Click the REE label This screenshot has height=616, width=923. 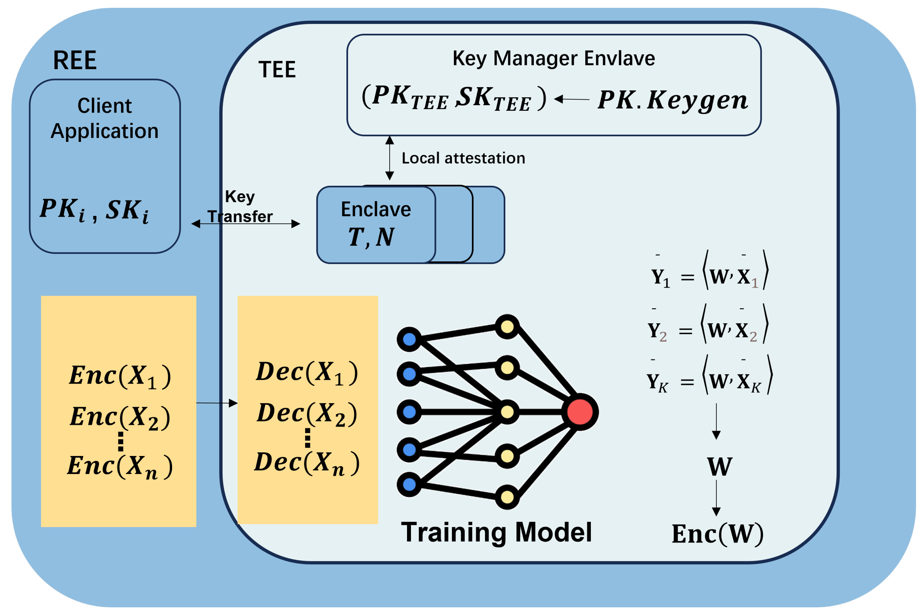tap(75, 61)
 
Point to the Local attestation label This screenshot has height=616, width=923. tap(463, 158)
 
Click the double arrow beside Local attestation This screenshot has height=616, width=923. tap(389, 158)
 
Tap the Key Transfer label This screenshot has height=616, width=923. tap(240, 207)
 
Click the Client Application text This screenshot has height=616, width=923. tap(104, 118)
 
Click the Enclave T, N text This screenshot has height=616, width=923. tap(375, 224)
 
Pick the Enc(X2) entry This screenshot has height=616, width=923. tap(120, 417)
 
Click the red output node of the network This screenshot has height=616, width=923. tap(580, 412)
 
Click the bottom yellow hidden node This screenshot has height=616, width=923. tap(507, 497)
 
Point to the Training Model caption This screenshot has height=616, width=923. tap(496, 532)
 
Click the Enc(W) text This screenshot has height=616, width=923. tap(717, 534)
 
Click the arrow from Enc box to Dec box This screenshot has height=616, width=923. tap(217, 403)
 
